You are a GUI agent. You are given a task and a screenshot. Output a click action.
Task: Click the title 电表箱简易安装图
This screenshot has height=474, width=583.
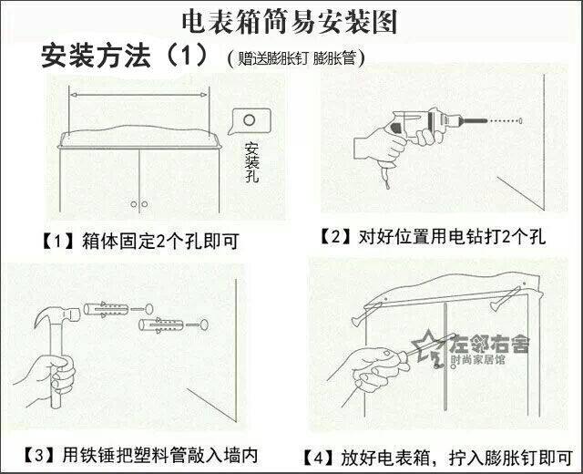pyautogui.click(x=291, y=20)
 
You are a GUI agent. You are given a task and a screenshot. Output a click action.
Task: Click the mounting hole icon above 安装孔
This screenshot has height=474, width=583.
pyautogui.click(x=246, y=118)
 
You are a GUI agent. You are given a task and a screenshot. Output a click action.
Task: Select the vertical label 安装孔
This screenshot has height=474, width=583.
pyautogui.click(x=252, y=162)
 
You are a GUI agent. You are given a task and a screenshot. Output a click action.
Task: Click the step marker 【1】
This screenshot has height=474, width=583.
pyautogui.click(x=56, y=242)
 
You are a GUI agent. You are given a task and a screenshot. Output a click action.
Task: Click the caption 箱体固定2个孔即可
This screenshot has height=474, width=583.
pyautogui.click(x=165, y=242)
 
